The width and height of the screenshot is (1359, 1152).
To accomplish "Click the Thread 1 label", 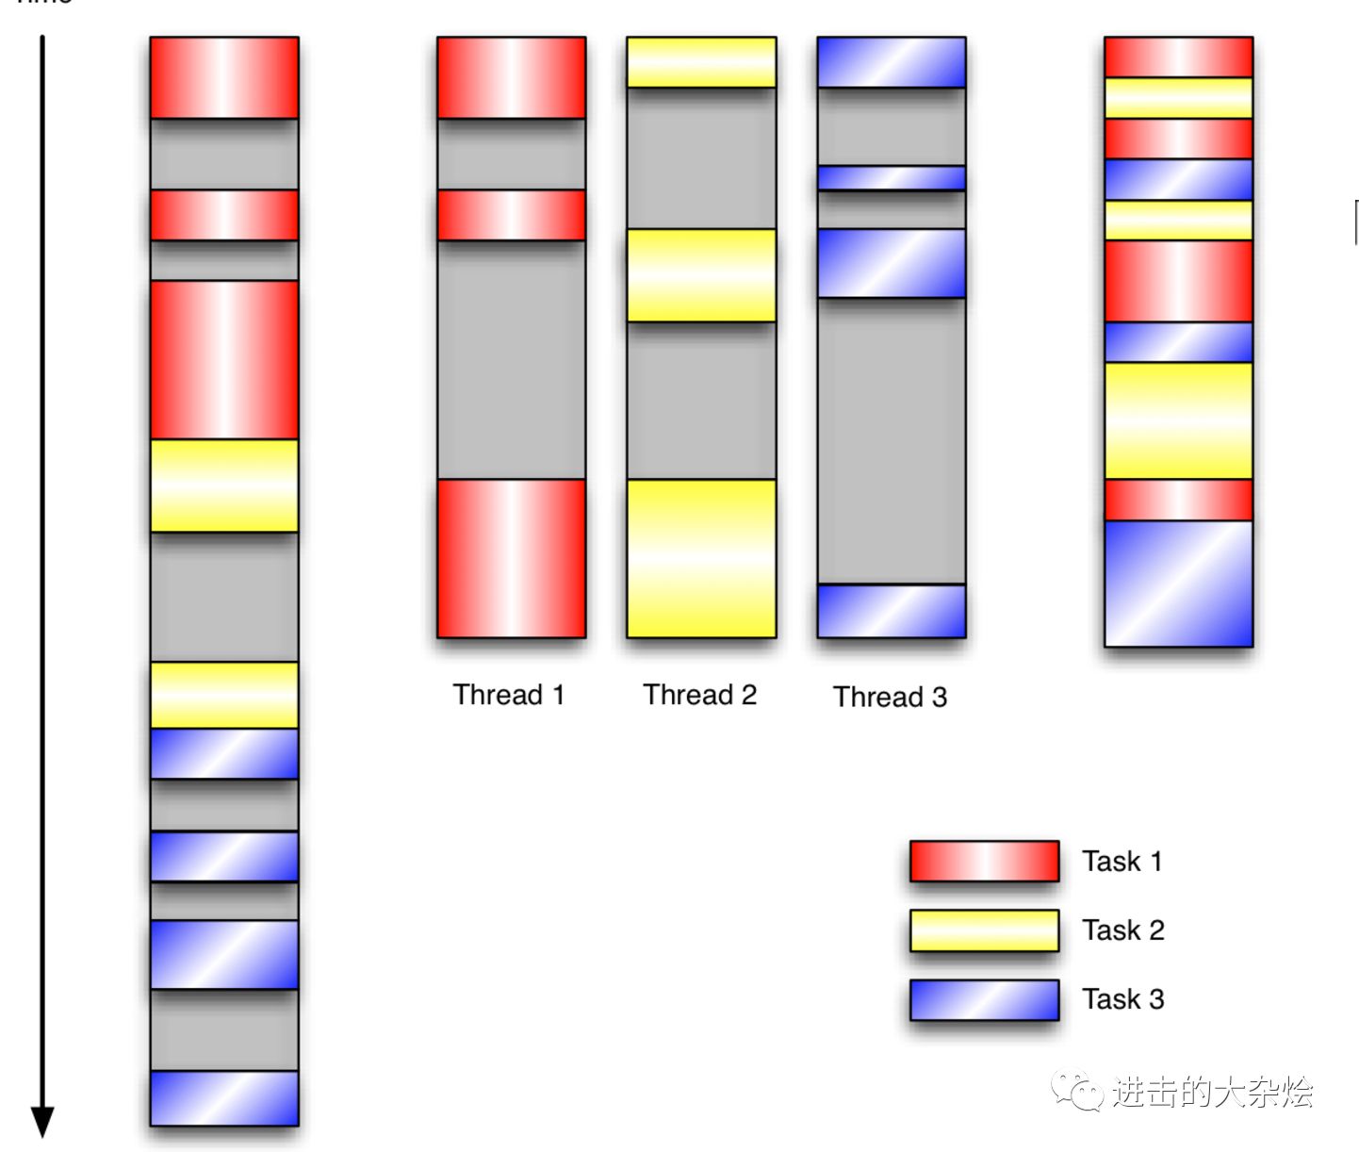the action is pos(509,695).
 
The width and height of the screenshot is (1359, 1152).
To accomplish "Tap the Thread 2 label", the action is pos(700,695).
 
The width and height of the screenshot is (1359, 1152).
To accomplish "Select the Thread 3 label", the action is pos(890,697).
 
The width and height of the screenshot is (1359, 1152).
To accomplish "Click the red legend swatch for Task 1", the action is pos(984,861).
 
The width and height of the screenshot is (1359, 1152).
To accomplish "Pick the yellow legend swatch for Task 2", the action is pos(984,930).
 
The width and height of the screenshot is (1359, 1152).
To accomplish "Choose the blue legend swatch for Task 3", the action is pos(984,999).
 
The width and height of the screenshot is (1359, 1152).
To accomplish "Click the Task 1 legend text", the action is pos(1122,861).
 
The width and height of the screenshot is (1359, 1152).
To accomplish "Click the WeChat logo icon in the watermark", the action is pos(1077,1092).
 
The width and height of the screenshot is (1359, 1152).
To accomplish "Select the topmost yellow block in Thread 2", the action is pos(701,62).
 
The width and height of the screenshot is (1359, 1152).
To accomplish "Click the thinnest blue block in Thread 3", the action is pos(892,177).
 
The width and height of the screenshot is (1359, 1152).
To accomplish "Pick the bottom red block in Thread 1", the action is pos(511,558).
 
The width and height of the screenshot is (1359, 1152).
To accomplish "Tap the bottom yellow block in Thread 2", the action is pos(701,558).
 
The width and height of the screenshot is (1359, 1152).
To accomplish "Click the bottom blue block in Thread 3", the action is pos(892,611).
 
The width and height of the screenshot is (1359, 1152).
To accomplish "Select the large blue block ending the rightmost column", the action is pos(1178,584).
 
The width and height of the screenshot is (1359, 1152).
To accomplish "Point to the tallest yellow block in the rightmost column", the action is pos(1178,420).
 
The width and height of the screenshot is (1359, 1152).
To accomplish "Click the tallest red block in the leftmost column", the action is pos(224,359).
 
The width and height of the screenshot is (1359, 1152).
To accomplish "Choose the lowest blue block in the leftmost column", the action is pos(224,1097).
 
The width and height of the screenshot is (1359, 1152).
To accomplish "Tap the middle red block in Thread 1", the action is pos(511,215).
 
